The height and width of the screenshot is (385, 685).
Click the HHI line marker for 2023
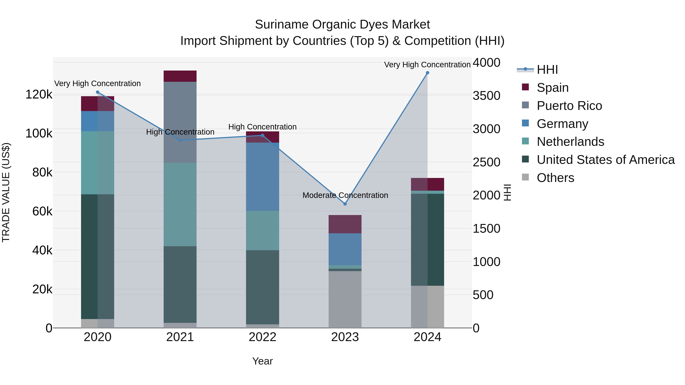(345, 204)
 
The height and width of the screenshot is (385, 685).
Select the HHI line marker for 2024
(427, 73)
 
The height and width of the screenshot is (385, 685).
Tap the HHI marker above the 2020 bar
(98, 92)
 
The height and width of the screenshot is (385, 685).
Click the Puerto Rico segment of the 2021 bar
(180, 122)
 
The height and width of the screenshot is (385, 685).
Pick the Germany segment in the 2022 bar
(262, 177)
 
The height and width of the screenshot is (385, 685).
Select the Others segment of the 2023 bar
(345, 299)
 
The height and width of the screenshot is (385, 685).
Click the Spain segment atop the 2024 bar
(427, 184)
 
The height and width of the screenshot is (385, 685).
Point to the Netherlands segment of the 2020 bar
(98, 163)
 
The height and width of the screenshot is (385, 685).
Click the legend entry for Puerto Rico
(569, 106)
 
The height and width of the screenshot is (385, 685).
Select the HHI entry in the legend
(547, 70)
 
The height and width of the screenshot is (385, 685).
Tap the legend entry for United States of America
(605, 160)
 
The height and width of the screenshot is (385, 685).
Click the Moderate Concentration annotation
(345, 195)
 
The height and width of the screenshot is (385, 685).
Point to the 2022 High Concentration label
(262, 127)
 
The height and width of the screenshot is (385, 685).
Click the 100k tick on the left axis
(39, 133)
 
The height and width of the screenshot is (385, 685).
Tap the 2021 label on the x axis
(180, 337)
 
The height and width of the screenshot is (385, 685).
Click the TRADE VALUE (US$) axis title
(6, 192)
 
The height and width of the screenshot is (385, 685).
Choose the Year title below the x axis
(262, 361)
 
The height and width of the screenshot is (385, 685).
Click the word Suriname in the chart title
(282, 25)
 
